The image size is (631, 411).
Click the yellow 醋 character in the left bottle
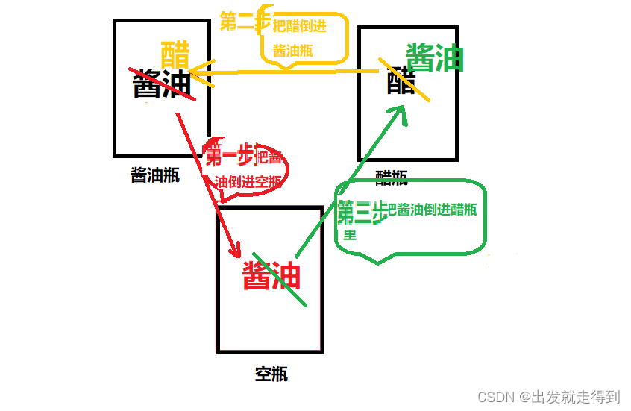(x=175, y=54)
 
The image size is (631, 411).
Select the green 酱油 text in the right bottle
(x=435, y=58)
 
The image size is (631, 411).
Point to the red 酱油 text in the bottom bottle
(x=271, y=275)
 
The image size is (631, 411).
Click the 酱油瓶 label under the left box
(x=155, y=175)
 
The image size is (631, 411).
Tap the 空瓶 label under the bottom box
(x=271, y=374)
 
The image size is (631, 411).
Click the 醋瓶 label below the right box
(x=392, y=176)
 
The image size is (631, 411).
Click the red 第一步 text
(x=230, y=157)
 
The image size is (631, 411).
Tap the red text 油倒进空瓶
(x=248, y=181)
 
